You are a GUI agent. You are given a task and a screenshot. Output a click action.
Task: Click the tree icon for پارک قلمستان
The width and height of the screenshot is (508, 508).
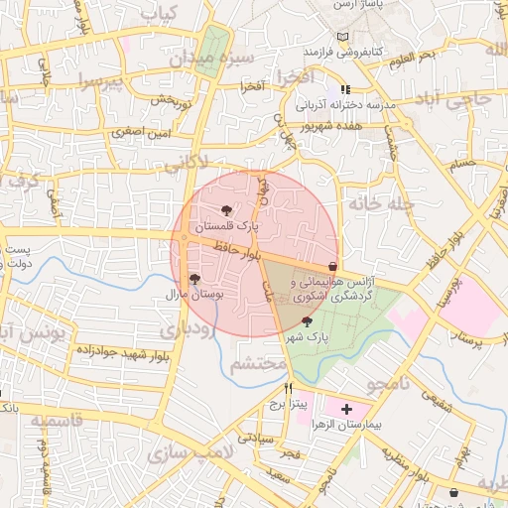coord(226,210)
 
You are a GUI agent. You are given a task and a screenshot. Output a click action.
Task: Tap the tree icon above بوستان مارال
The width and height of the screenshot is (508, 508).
coord(193,280)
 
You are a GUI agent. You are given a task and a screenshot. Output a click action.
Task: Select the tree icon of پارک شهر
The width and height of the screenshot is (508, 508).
coord(306,321)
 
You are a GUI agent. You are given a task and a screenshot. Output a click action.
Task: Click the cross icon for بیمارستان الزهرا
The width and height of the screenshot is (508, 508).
coord(346,408)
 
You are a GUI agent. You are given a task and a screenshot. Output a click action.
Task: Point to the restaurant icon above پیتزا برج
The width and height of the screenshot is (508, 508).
coord(289,388)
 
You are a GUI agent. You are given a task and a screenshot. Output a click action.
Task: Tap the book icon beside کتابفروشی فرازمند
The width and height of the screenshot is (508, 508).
coord(343,37)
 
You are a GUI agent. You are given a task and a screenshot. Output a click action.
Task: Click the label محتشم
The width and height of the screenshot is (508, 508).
coord(259,364)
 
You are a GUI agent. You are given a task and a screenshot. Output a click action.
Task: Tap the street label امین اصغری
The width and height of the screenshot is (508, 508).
coord(142,130)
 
